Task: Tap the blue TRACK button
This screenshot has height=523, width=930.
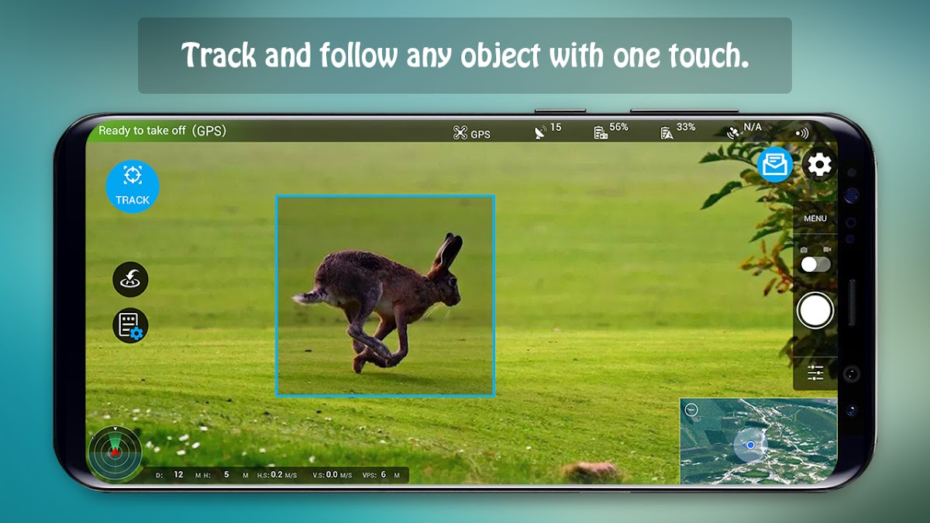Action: [133, 187]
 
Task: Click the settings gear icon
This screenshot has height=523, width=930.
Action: [818, 165]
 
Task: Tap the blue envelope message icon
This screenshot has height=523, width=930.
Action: [775, 164]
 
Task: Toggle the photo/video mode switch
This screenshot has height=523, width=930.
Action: [815, 264]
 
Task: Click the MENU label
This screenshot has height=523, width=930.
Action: [815, 218]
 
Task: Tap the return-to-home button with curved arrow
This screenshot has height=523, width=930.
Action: [130, 280]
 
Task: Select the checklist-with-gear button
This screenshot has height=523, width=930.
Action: [130, 325]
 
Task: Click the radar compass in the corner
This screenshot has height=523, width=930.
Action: [115, 452]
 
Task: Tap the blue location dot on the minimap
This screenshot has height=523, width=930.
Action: [751, 445]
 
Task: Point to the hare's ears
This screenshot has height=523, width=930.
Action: [448, 251]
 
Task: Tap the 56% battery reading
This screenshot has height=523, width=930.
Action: [618, 127]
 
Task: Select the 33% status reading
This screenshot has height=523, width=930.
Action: [686, 127]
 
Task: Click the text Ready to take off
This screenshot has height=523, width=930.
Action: [142, 131]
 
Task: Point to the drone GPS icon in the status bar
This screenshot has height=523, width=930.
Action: [460, 132]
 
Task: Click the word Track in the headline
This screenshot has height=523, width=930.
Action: [219, 55]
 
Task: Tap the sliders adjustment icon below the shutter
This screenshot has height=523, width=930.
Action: [815, 373]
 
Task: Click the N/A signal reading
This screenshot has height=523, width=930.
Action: [753, 127]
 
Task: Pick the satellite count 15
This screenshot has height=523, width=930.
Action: [556, 127]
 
